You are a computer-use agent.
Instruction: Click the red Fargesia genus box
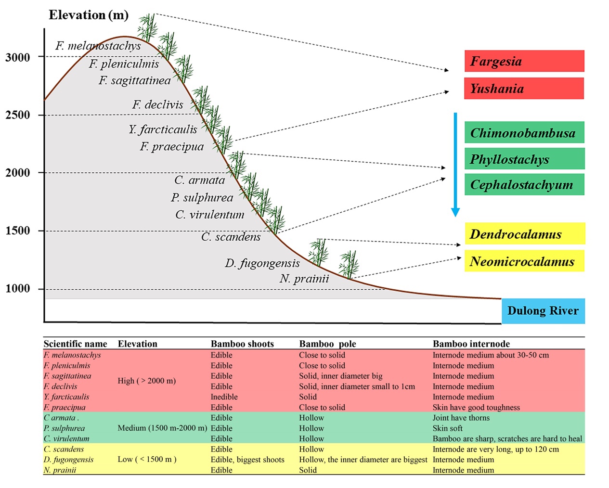tap(524, 61)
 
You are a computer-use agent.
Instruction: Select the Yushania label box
tap(524, 88)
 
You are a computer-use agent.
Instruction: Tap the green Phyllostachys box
tap(524, 159)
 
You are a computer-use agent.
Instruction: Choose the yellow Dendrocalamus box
tap(525, 234)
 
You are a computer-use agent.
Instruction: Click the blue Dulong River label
tap(543, 310)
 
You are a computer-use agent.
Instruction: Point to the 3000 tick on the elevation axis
tap(17, 57)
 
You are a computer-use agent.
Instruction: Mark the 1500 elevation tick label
tap(17, 231)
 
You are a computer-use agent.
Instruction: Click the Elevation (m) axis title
tap(89, 15)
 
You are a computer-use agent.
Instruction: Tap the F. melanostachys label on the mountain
tap(98, 46)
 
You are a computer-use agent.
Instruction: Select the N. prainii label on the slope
tap(304, 279)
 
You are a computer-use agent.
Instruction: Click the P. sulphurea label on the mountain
tap(202, 197)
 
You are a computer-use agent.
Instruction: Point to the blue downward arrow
tap(455, 165)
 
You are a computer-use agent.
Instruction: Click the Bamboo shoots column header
tap(242, 344)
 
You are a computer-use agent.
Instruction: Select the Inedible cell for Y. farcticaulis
tap(224, 397)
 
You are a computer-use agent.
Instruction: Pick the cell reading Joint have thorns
tap(461, 418)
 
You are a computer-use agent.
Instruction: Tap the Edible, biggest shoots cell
tap(247, 460)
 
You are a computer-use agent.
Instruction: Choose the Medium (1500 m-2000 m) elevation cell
tap(162, 428)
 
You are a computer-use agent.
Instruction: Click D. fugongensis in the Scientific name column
tap(68, 460)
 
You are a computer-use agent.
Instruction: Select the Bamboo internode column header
tap(471, 344)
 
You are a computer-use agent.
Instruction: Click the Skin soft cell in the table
tap(447, 428)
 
